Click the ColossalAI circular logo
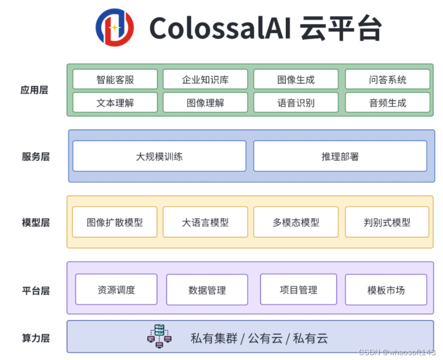pyautogui.click(x=114, y=28)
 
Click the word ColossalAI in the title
pyautogui.click(x=220, y=28)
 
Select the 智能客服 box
pyautogui.click(x=115, y=79)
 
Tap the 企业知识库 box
pyautogui.click(x=205, y=79)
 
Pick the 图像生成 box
pyautogui.click(x=295, y=79)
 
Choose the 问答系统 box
pyautogui.click(x=387, y=79)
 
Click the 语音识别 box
pyautogui.click(x=295, y=102)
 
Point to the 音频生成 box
pyautogui.click(x=387, y=102)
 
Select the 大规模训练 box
pyautogui.click(x=159, y=156)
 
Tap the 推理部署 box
pyautogui.click(x=340, y=156)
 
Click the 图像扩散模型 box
pyautogui.click(x=115, y=222)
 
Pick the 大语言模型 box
pyautogui.click(x=205, y=222)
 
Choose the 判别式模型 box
pyautogui.click(x=387, y=222)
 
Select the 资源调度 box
pyautogui.click(x=116, y=289)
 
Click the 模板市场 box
pyautogui.click(x=386, y=290)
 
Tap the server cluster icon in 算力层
pyautogui.click(x=159, y=336)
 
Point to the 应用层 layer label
pyautogui.click(x=34, y=90)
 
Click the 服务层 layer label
pyautogui.click(x=35, y=157)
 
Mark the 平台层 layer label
pyautogui.click(x=35, y=290)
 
